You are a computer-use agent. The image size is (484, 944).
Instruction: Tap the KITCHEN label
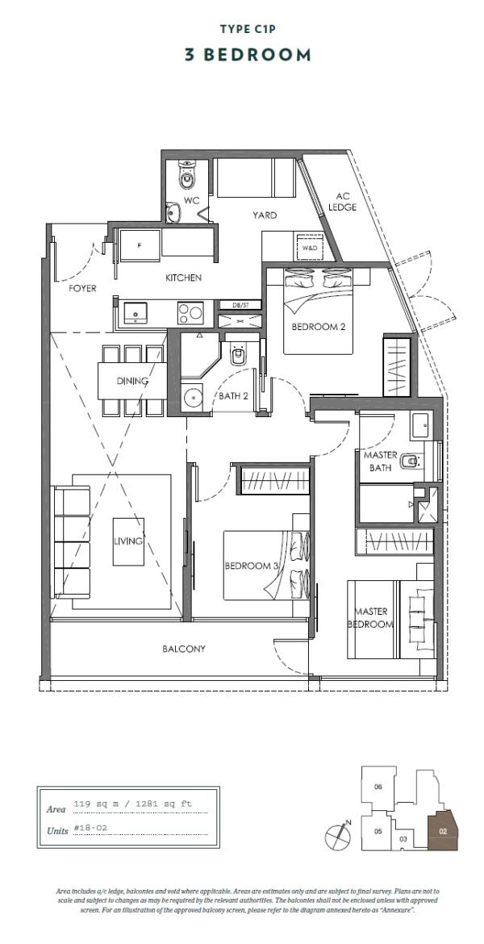pyautogui.click(x=183, y=278)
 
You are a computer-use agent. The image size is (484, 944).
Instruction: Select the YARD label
pyautogui.click(x=265, y=215)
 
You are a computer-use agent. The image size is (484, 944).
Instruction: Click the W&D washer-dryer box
pyautogui.click(x=311, y=249)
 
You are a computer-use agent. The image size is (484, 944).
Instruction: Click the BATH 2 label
pyautogui.click(x=234, y=396)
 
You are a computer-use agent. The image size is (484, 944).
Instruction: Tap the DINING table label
pyautogui.click(x=131, y=381)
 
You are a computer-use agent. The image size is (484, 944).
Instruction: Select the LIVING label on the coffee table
pyautogui.click(x=128, y=541)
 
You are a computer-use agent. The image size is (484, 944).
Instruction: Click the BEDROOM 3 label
pyautogui.click(x=251, y=566)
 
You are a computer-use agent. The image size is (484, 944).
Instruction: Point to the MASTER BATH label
pyautogui.click(x=379, y=462)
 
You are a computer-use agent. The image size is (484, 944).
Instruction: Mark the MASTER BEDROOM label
pyautogui.click(x=372, y=619)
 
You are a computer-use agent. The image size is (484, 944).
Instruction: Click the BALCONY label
pyautogui.click(x=183, y=648)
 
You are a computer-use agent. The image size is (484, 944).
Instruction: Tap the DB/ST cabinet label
pyautogui.click(x=240, y=305)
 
